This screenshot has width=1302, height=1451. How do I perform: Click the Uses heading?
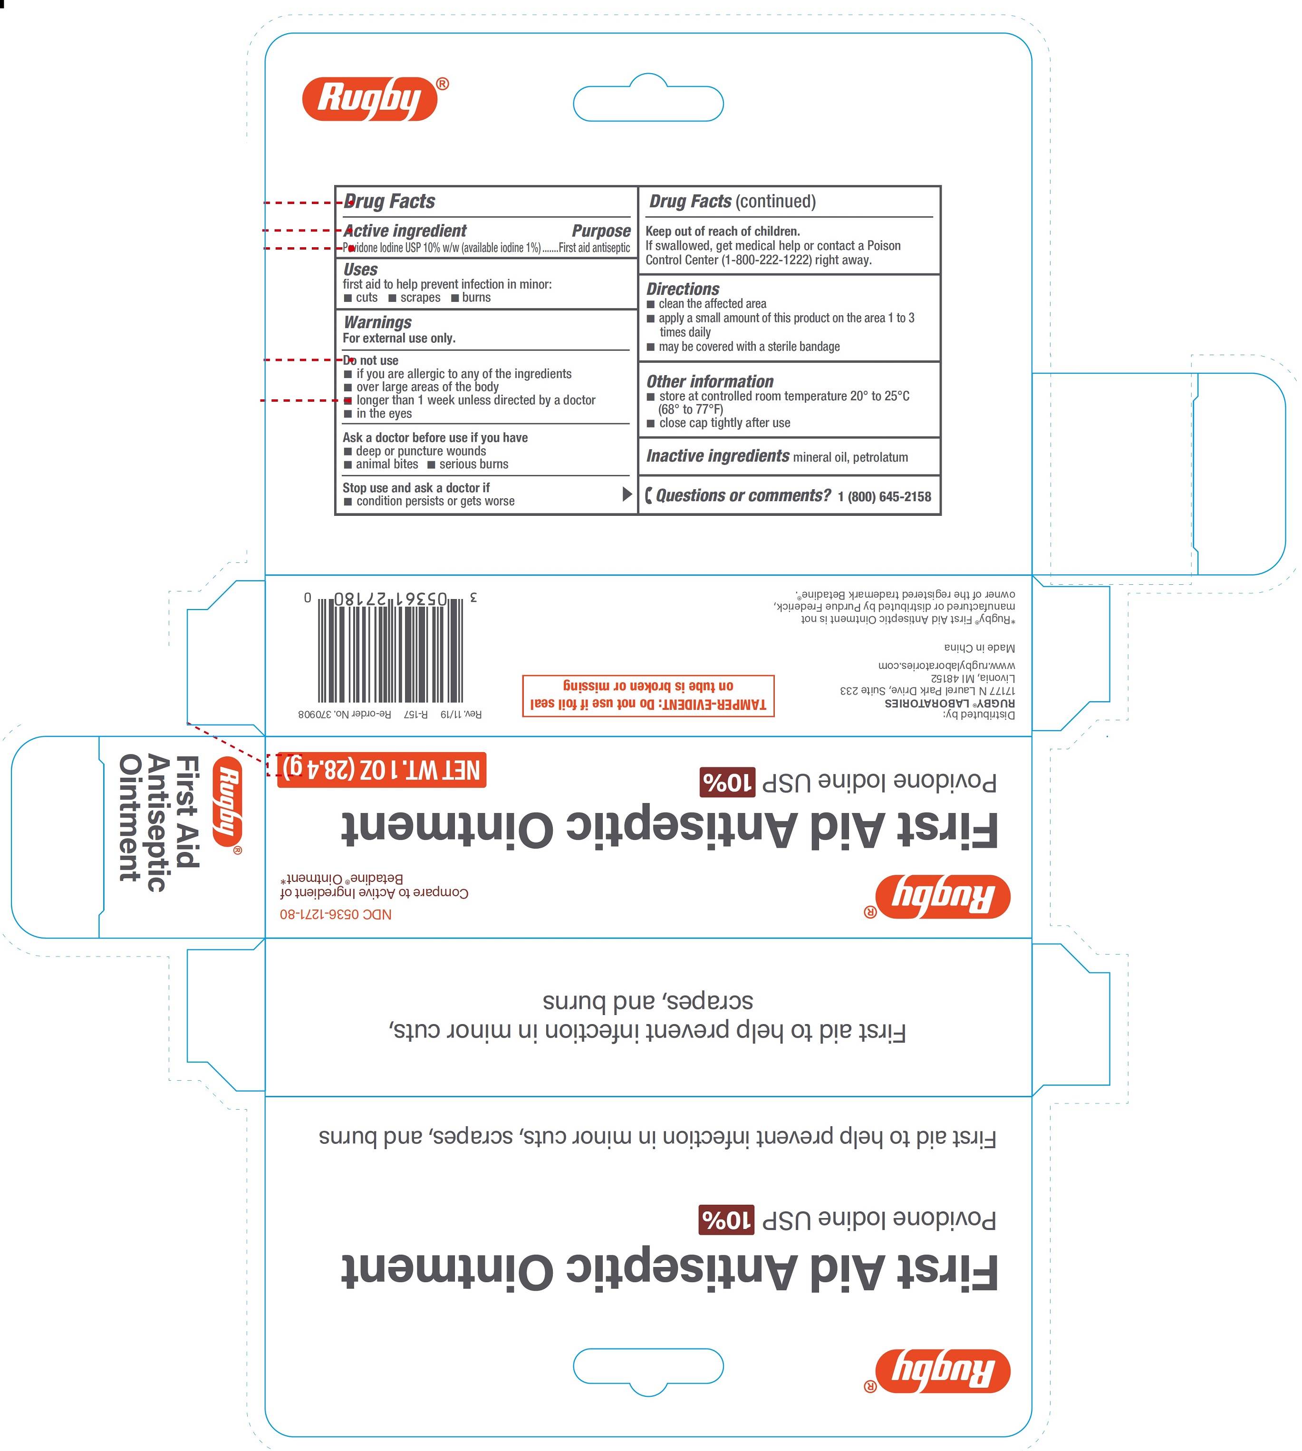[360, 270]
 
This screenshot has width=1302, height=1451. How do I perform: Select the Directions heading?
[683, 289]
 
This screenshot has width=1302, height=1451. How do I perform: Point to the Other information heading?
[710, 381]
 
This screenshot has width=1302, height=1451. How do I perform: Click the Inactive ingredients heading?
[717, 456]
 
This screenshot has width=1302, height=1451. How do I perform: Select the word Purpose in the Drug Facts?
[601, 231]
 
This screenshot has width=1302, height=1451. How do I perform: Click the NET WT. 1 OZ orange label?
[381, 770]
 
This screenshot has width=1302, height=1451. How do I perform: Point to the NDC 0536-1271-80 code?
[336, 914]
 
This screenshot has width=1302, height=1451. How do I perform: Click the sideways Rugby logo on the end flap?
[228, 802]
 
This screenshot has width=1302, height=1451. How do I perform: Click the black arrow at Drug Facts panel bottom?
[627, 493]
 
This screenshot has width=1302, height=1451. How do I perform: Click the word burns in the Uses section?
[476, 298]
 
